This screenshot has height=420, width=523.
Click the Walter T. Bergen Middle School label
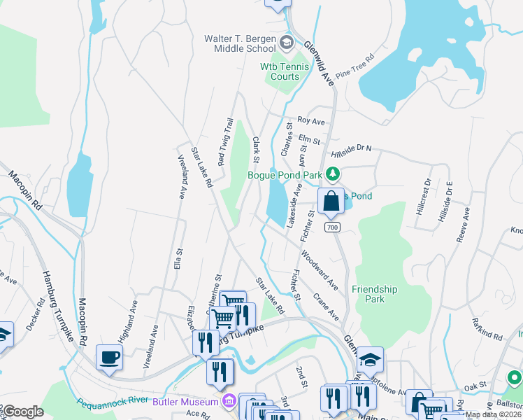240,43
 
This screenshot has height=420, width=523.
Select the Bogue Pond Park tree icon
334,174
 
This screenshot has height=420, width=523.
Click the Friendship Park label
374,294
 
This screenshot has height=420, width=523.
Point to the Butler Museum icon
228,401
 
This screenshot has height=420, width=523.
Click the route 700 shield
333,227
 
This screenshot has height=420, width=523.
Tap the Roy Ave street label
311,121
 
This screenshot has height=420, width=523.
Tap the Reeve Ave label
463,224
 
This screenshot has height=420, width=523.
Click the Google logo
23,412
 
